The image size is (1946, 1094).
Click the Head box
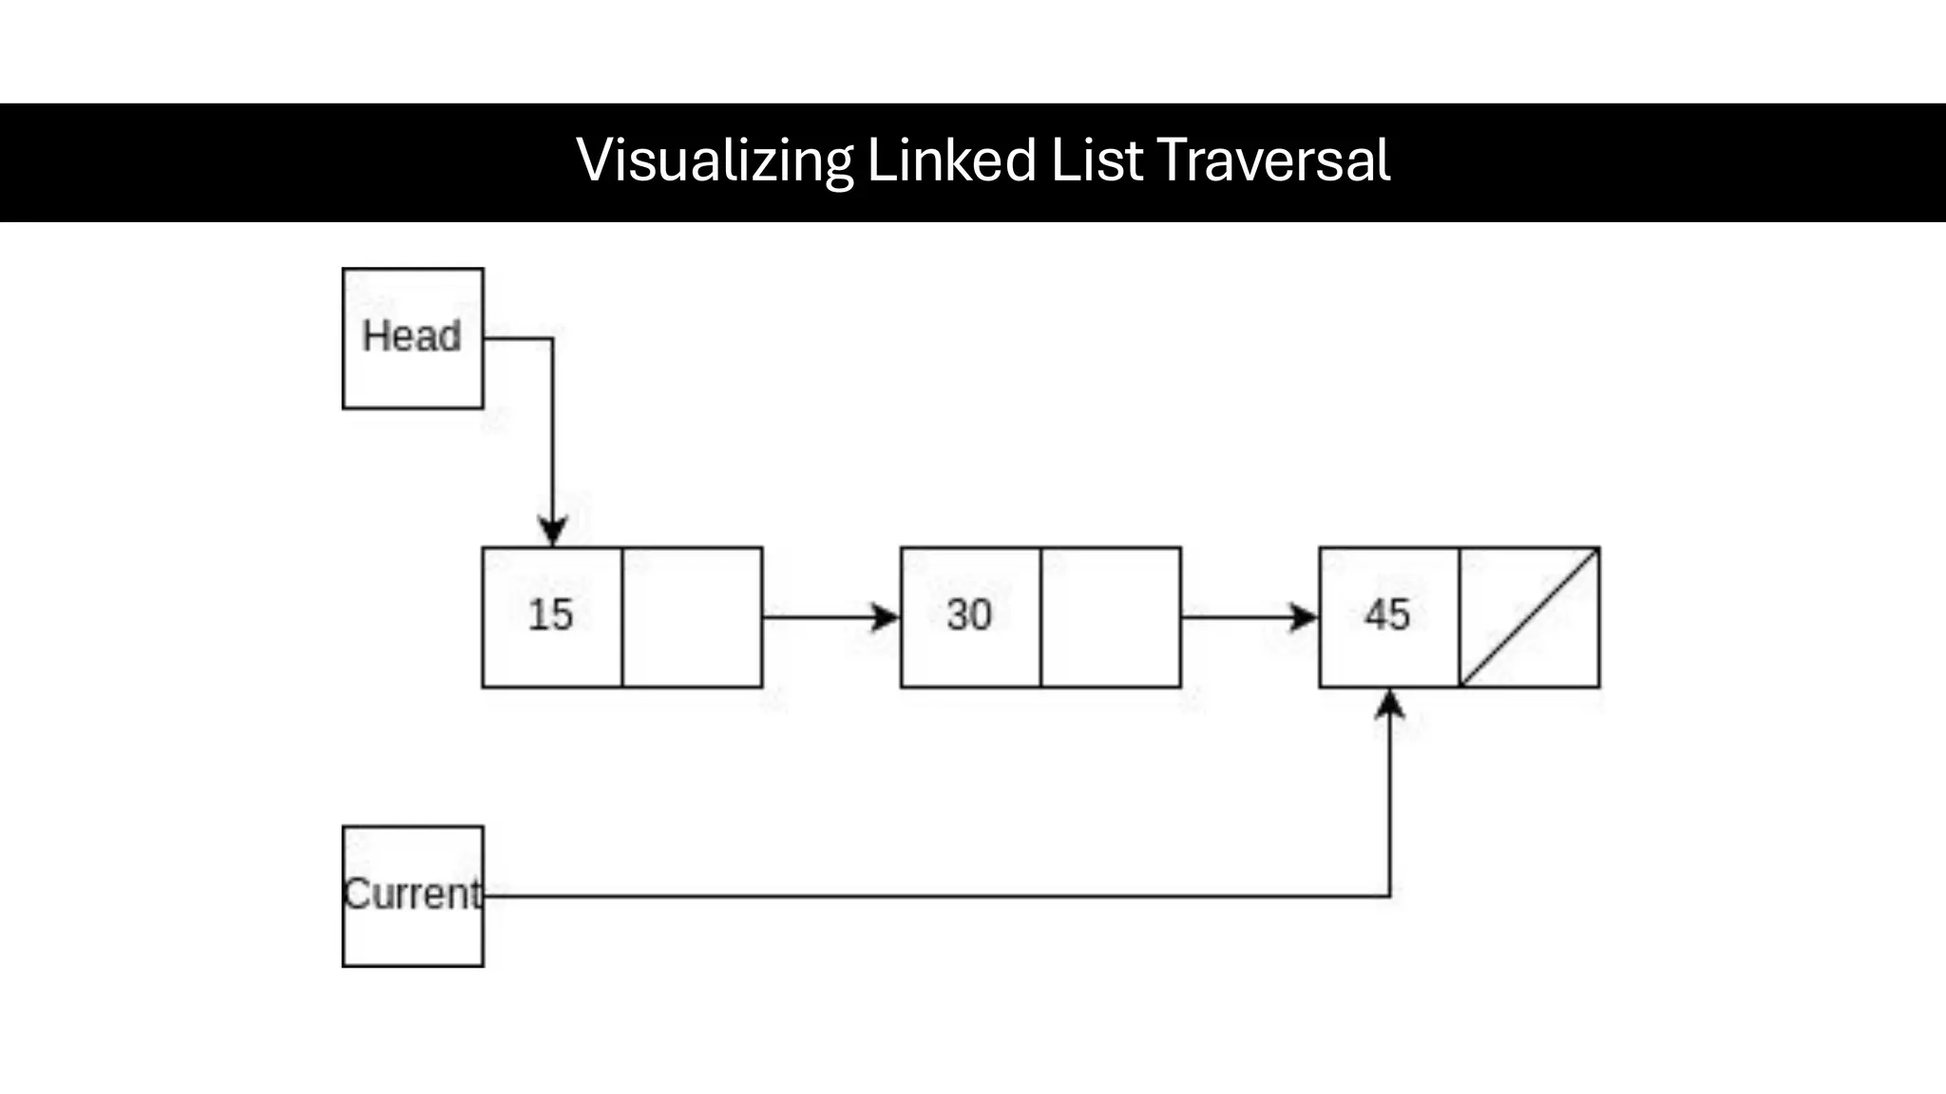click(x=412, y=339)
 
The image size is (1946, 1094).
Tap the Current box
click(x=412, y=896)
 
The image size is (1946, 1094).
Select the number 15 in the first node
click(x=551, y=615)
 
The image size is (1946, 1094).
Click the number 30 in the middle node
click(x=969, y=615)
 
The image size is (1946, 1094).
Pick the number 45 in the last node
click(x=1387, y=615)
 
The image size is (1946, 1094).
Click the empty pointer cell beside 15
click(x=692, y=617)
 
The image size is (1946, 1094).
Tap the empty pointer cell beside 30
click(x=1111, y=617)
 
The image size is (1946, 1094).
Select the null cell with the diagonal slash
click(x=1530, y=617)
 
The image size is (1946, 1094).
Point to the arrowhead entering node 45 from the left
click(x=1305, y=617)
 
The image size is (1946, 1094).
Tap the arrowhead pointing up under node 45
click(x=1390, y=704)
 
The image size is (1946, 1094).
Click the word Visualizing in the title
click(x=715, y=160)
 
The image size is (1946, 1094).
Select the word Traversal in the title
click(x=1273, y=160)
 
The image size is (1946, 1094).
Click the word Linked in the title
click(x=951, y=160)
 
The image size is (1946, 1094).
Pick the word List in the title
click(x=1097, y=160)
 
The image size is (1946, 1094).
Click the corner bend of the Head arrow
click(x=553, y=338)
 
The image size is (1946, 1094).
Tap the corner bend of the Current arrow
click(x=1390, y=896)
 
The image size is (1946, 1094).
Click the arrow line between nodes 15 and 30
click(x=817, y=617)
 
